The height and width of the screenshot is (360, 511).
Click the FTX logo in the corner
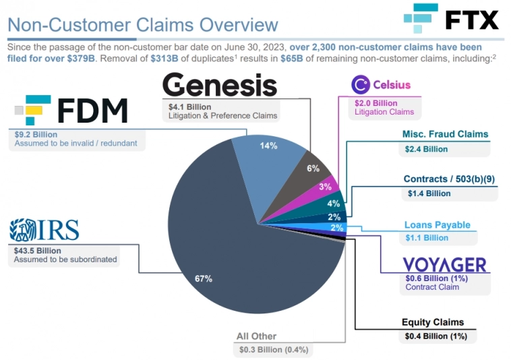[x=451, y=20]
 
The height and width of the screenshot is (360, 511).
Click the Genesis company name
[x=220, y=86]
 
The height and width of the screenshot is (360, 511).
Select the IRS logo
[x=44, y=231]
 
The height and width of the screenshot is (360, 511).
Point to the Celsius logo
[x=381, y=85]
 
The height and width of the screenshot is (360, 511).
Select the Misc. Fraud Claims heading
[x=445, y=134]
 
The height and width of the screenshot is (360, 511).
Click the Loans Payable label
[x=437, y=224]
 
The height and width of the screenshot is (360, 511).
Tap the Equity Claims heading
[x=433, y=322]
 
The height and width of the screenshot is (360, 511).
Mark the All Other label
[x=256, y=336]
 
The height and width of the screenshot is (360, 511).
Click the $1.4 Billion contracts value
[x=428, y=193]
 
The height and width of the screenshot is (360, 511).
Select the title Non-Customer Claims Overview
[x=142, y=26]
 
